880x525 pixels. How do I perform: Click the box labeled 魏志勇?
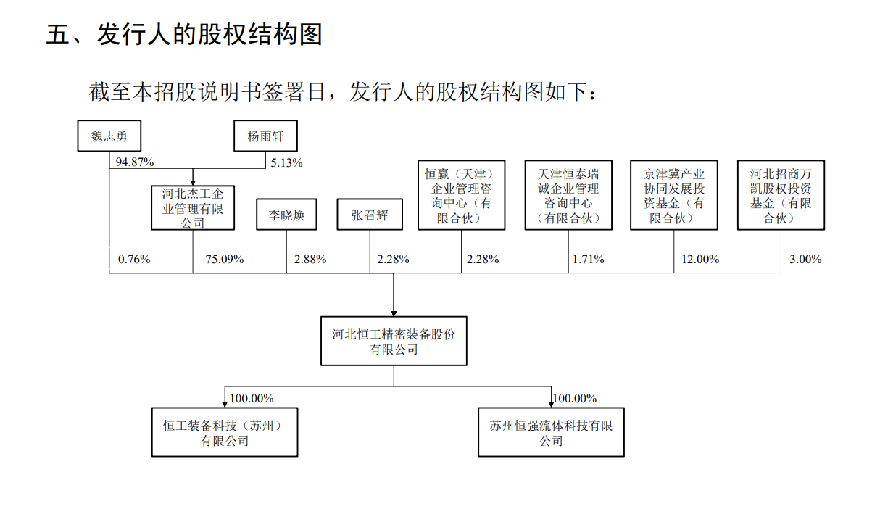click(x=109, y=136)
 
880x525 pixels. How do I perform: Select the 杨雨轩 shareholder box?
click(x=265, y=136)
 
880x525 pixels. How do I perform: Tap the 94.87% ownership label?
click(x=134, y=162)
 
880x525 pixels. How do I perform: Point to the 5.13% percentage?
click(x=286, y=162)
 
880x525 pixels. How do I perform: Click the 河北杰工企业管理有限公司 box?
click(x=193, y=208)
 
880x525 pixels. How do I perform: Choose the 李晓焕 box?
click(x=286, y=214)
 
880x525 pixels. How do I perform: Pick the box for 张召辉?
click(x=370, y=214)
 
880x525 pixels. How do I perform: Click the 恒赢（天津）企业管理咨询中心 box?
click(x=461, y=195)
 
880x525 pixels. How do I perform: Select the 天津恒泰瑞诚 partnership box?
click(x=568, y=195)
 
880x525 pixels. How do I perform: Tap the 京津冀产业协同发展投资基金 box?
click(x=674, y=195)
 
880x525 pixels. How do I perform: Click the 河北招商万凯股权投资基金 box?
click(x=781, y=195)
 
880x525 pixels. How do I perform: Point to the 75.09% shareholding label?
click(x=224, y=260)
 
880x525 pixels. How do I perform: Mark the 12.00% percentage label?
click(x=700, y=260)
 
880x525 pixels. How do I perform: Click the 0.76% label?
click(x=134, y=260)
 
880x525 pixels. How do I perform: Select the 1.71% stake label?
click(x=588, y=260)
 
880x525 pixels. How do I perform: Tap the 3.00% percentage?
click(x=805, y=260)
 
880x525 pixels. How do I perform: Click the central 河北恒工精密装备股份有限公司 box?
click(x=394, y=341)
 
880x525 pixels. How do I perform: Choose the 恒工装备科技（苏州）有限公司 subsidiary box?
click(x=225, y=432)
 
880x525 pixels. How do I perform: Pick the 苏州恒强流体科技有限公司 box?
click(x=551, y=432)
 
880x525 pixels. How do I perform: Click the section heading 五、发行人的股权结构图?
click(x=184, y=34)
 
